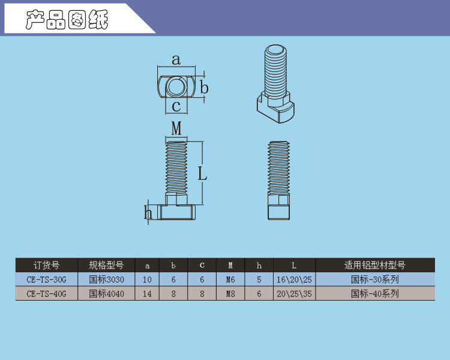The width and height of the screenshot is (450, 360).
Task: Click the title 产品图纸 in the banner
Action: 67,20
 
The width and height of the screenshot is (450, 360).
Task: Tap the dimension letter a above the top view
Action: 176,60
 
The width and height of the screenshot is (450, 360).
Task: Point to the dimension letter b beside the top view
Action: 204,87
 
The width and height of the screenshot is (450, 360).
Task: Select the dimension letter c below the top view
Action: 176,106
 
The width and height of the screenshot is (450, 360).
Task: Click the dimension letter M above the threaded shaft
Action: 176,128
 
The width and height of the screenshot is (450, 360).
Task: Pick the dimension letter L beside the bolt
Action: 202,173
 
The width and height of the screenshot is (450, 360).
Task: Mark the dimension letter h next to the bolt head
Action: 148,212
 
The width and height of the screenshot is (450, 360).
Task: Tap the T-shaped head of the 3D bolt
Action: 275,107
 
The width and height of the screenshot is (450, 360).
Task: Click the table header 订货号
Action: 46,265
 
